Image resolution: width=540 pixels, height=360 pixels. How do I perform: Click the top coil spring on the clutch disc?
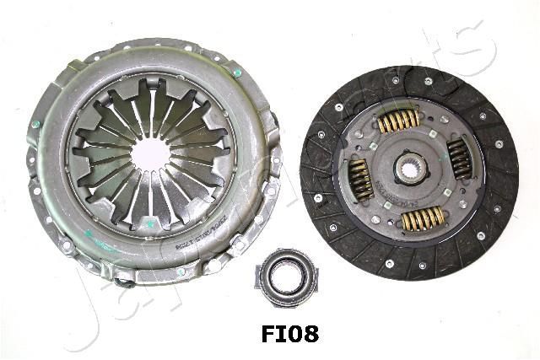click(397, 121)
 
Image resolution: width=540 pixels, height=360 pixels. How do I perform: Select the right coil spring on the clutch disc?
click(459, 158)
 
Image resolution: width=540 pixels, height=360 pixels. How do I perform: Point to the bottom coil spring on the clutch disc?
click(422, 219)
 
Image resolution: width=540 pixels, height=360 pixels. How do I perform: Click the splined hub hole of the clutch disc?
click(409, 169)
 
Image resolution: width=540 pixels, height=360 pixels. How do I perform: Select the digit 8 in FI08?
click(308, 334)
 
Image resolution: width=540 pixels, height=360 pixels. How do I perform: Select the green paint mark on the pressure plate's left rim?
click(36, 125)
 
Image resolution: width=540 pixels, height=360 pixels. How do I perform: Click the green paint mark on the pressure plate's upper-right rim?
click(238, 73)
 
